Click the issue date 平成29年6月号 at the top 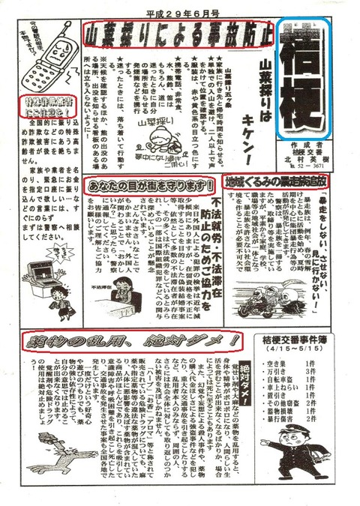(x=181, y=10)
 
